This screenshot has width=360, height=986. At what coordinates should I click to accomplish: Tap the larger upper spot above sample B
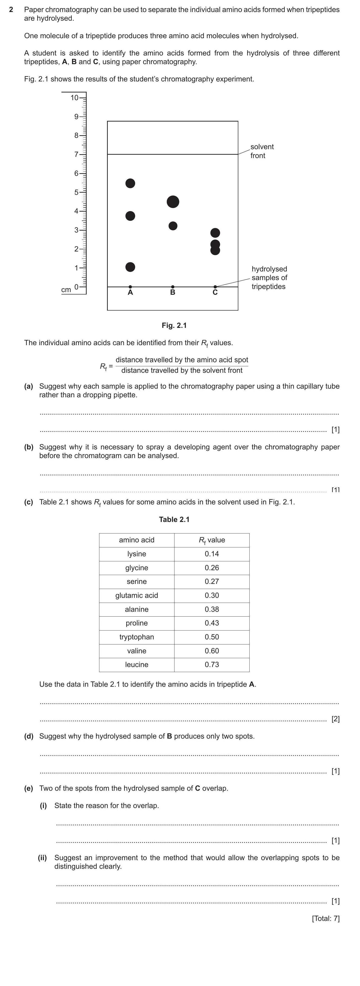coord(173,202)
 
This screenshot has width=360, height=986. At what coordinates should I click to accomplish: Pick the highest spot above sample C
coord(215,233)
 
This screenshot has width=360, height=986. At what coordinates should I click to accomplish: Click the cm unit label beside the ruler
coord(66,290)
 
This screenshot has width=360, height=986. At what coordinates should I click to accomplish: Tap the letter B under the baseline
coord(173,292)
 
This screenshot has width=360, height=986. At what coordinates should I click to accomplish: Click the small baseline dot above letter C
coord(215,287)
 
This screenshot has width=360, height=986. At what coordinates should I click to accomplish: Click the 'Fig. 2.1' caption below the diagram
coord(174,325)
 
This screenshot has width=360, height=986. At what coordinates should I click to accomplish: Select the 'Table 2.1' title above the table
coord(174,519)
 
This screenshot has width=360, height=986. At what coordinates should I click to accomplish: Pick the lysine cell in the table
coord(137,554)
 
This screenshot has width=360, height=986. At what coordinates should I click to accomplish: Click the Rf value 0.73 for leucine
coord(212,664)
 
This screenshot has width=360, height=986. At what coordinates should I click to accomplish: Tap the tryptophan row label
coord(137,637)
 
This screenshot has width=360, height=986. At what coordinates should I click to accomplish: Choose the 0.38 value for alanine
coord(212,609)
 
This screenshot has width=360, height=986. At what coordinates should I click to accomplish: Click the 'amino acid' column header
coord(137,540)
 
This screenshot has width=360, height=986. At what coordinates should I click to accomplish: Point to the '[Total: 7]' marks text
coord(326,918)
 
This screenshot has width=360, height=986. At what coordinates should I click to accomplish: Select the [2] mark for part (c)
coord(335,719)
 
